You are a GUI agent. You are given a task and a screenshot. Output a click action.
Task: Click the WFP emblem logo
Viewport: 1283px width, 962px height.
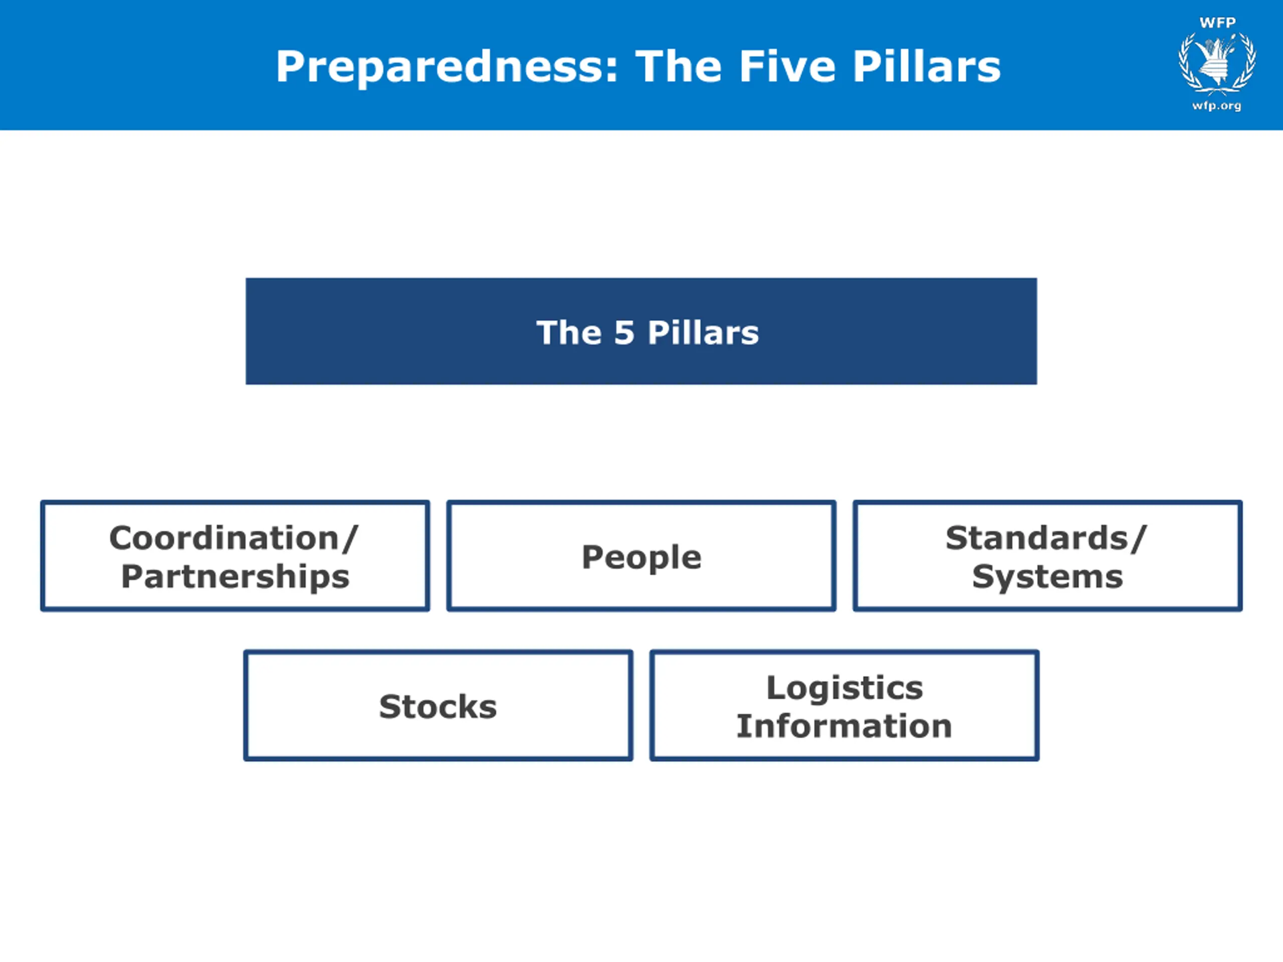(x=1217, y=63)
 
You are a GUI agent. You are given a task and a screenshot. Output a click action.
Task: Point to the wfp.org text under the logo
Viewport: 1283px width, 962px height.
(x=1217, y=106)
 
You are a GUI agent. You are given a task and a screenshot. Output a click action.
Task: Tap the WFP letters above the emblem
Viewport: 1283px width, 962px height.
(x=1217, y=23)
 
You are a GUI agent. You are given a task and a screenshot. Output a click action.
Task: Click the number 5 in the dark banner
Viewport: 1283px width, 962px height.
(x=624, y=333)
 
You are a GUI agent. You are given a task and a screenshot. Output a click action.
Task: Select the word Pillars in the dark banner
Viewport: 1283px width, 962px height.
(x=703, y=333)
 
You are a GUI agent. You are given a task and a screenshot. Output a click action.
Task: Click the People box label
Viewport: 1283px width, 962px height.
(x=641, y=557)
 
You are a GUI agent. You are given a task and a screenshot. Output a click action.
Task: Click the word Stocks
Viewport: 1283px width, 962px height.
(x=438, y=706)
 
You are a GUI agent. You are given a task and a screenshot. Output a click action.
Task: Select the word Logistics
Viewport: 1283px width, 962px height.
(x=844, y=688)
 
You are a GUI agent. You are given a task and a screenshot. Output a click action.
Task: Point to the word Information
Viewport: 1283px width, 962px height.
(x=844, y=726)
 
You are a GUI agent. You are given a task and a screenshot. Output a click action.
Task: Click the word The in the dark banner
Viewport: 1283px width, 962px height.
(x=569, y=333)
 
